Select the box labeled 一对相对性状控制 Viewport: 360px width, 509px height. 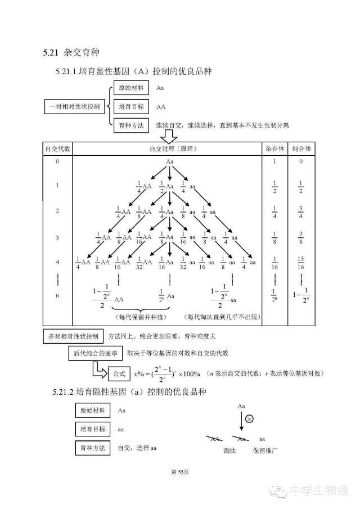[73, 106]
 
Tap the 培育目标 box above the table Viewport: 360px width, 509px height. [131, 106]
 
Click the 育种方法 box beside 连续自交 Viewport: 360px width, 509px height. [131, 124]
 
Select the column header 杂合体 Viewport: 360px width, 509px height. [274, 149]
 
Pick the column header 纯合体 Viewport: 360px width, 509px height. [301, 149]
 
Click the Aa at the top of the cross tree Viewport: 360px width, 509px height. [169, 162]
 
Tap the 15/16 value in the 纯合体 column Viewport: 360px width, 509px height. [301, 263]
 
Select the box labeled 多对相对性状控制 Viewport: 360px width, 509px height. [73, 337]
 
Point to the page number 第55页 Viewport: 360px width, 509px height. [179, 472]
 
